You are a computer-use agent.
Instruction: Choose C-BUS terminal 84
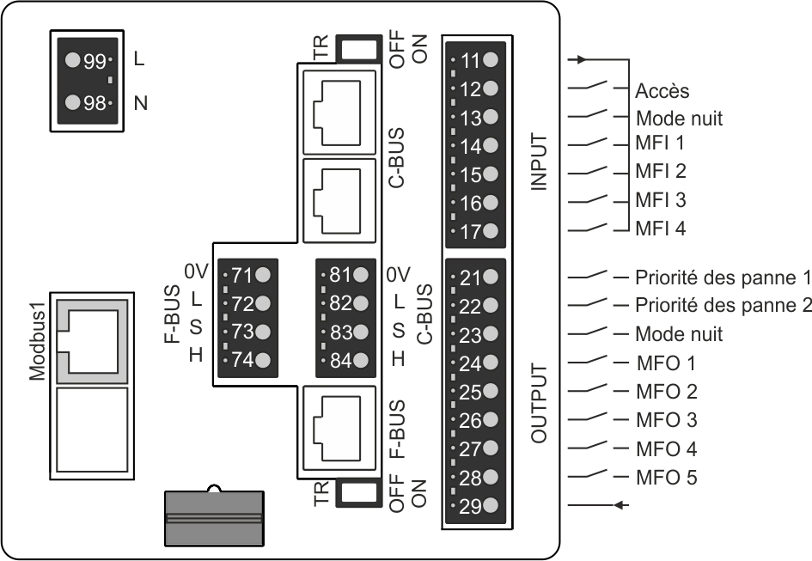pos(348,360)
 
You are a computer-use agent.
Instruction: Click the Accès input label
pos(662,91)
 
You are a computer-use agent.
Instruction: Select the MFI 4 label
pos(660,229)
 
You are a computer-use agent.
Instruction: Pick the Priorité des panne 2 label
pos(723,305)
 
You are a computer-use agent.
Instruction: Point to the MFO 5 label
pos(665,477)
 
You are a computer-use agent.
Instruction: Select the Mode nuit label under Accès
pos(679,119)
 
